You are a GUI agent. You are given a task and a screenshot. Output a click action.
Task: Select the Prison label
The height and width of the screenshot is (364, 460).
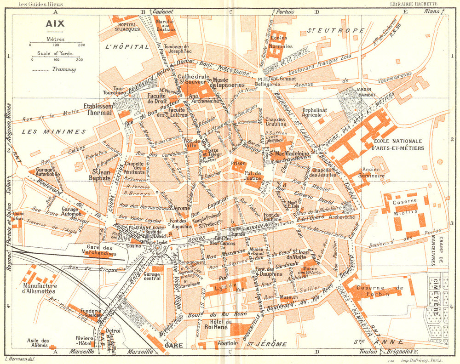[x=238, y=162]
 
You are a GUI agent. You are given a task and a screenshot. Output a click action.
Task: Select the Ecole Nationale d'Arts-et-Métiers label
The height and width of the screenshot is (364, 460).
[x=399, y=144]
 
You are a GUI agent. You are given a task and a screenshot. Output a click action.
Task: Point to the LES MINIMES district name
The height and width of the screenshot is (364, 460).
[x=48, y=131]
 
